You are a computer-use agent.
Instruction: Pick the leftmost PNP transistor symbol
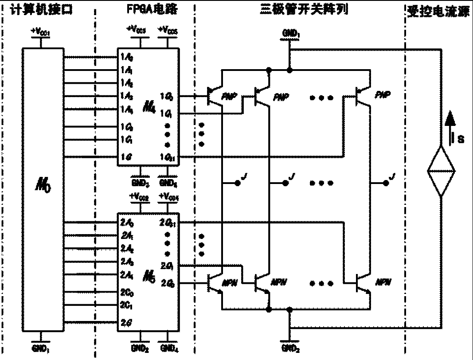[x=216, y=96]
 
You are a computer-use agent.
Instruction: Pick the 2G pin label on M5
[x=125, y=323]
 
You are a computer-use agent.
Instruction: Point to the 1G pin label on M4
[x=126, y=157]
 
